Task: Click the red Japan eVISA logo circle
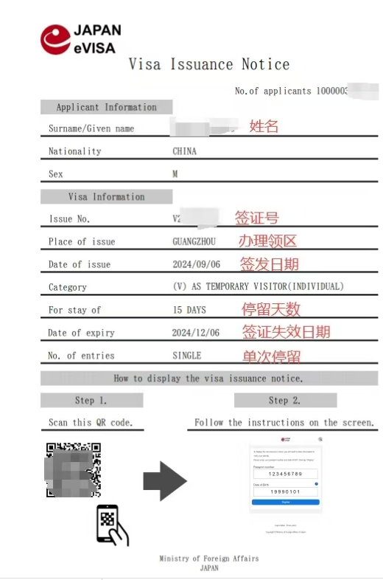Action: tap(55, 39)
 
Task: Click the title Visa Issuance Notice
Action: tap(209, 64)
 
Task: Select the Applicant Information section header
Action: tap(106, 107)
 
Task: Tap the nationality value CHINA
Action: tap(184, 151)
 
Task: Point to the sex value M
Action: tap(175, 174)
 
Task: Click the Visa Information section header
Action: tap(106, 197)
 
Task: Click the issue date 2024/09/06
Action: tap(196, 264)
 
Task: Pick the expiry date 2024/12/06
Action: tap(196, 332)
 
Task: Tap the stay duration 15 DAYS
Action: tap(189, 310)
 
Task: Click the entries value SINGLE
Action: tap(186, 356)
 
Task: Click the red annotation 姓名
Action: tap(264, 126)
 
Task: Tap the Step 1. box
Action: tap(91, 401)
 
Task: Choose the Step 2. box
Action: tap(285, 401)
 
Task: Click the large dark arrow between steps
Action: tap(164, 482)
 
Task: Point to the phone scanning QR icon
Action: tap(111, 525)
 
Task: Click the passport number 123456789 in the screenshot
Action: tap(285, 474)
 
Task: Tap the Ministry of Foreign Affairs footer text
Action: tap(208, 559)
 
